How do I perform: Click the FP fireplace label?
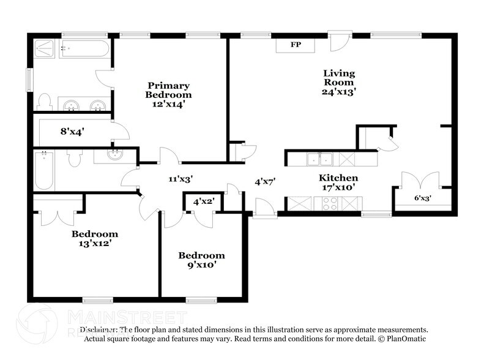click(x=296, y=45)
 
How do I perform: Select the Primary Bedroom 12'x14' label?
click(x=168, y=94)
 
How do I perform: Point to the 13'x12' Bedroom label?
click(x=94, y=238)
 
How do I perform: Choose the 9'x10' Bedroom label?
click(x=201, y=260)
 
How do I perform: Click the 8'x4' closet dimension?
click(x=72, y=130)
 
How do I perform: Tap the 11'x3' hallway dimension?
click(x=181, y=179)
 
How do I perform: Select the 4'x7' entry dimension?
click(x=265, y=181)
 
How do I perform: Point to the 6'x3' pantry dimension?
click(x=422, y=198)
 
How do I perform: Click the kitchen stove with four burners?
click(x=330, y=203)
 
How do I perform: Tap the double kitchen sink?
click(x=319, y=159)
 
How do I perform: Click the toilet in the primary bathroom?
click(x=45, y=101)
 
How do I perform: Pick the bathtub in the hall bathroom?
click(x=43, y=171)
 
